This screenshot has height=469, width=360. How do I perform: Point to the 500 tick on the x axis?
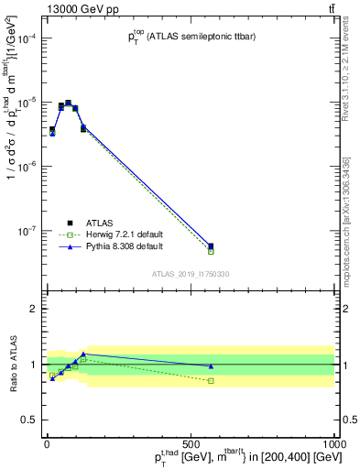pos(191,442)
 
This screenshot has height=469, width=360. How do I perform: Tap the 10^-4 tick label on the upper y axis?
pos(25,38)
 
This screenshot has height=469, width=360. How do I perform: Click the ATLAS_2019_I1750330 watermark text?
pos(191,274)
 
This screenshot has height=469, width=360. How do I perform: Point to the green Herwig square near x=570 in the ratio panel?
pos(211,380)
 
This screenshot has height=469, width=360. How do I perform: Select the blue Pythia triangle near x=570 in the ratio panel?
pos(211,366)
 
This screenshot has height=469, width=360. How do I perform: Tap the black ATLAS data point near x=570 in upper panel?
pos(211,245)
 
